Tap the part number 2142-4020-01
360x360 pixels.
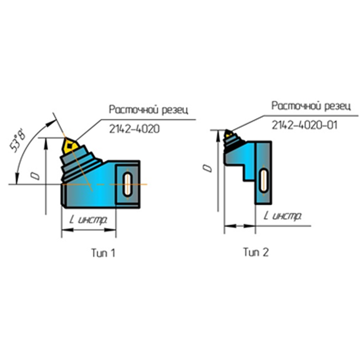click(x=305, y=125)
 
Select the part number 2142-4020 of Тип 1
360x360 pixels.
click(x=134, y=129)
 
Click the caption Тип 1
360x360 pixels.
click(x=103, y=253)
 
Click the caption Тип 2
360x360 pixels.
click(x=256, y=252)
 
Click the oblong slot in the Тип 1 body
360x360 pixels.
click(x=127, y=184)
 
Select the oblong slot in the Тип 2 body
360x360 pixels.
click(x=264, y=180)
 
